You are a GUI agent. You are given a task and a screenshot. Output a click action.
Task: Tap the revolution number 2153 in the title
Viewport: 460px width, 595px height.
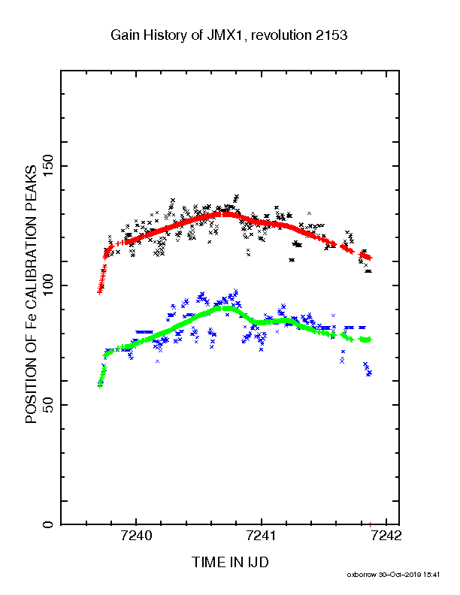331,35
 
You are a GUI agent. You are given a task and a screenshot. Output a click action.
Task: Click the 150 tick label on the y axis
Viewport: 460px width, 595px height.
48,166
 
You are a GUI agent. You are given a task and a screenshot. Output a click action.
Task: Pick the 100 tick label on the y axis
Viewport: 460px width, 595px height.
48,285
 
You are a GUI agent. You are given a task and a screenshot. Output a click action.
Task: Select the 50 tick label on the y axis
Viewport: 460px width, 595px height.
48,405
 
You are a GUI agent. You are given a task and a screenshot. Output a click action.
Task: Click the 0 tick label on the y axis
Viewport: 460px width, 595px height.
48,524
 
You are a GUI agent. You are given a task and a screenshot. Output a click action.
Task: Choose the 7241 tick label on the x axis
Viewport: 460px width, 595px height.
261,536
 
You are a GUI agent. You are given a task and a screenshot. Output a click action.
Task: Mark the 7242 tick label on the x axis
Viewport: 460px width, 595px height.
386,536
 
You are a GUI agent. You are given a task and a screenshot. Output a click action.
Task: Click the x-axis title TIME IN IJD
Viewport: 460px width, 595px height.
230,562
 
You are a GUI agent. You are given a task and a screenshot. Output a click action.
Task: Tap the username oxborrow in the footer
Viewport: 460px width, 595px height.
361,575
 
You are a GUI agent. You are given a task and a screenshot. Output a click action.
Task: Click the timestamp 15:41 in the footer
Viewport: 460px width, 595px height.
431,575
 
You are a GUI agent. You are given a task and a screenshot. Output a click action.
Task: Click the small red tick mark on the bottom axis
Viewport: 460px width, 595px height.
370,525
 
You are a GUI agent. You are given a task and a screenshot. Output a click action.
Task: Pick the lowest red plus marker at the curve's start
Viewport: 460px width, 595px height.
99,292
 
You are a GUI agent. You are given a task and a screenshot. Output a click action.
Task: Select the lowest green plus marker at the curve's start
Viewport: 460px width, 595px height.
100,386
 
